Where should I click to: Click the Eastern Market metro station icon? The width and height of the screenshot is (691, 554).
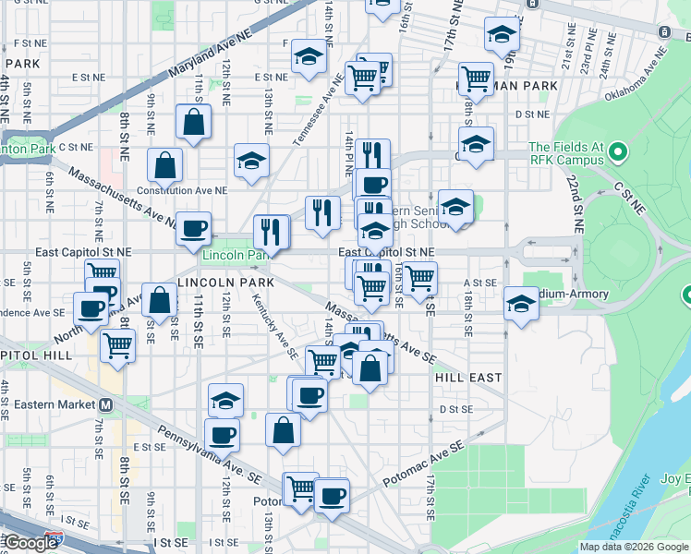tap(106, 404)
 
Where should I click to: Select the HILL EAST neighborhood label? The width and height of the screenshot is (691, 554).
tap(468, 378)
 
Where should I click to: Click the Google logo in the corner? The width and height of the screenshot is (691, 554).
tap(30, 543)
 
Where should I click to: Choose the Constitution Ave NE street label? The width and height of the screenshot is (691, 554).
tap(181, 190)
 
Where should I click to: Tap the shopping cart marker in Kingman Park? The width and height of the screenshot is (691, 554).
tap(476, 79)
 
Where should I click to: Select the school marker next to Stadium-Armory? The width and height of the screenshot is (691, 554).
tap(521, 304)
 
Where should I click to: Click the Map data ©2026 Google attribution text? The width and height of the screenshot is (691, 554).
tap(633, 547)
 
